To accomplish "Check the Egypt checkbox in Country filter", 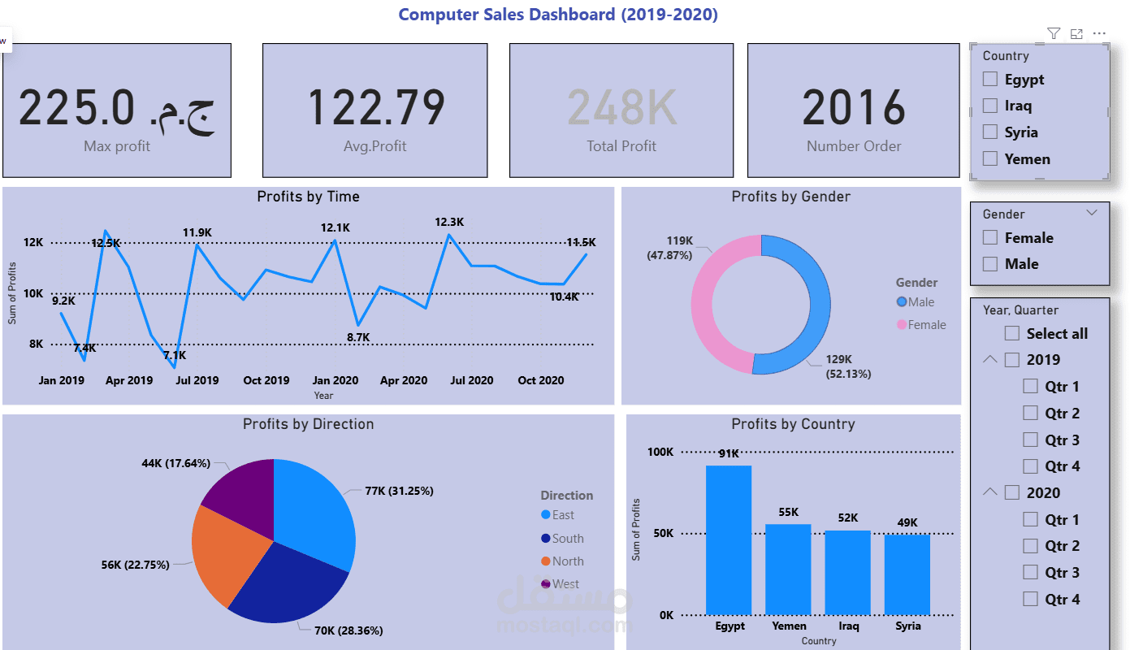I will (x=990, y=79).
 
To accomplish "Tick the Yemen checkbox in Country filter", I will (x=990, y=159).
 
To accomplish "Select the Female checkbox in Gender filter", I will (x=990, y=237).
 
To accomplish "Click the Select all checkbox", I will (x=1012, y=333).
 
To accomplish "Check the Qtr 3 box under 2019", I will (x=1030, y=440).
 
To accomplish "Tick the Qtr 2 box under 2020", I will (x=1030, y=545).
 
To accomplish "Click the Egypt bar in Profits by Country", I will (x=729, y=539).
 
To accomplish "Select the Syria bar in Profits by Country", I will (x=907, y=574).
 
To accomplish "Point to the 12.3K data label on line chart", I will (x=449, y=222).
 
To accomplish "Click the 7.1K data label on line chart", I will (x=174, y=355).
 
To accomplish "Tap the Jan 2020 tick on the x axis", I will (x=336, y=380).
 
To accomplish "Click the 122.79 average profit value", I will (x=375, y=107).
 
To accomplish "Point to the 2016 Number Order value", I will (x=853, y=107).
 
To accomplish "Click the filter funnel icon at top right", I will (x=1054, y=33).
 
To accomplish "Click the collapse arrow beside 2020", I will (x=989, y=492).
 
